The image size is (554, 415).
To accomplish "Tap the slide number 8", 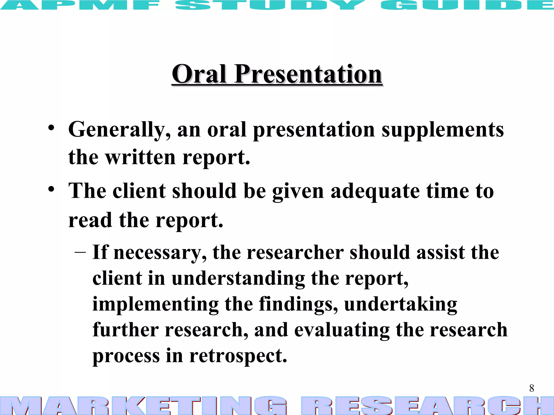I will [532, 388].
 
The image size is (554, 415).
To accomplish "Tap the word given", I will [298, 191].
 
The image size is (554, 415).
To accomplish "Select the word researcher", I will [295, 252].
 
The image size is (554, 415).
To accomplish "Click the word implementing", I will [156, 304].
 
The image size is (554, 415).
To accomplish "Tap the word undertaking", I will [401, 304].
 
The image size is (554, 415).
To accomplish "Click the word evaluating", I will [342, 330].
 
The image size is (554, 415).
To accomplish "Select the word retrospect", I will [238, 356].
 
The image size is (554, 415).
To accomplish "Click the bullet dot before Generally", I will [51, 128].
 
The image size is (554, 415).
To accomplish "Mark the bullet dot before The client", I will [51, 189].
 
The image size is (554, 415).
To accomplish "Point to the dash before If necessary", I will [80, 252].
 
